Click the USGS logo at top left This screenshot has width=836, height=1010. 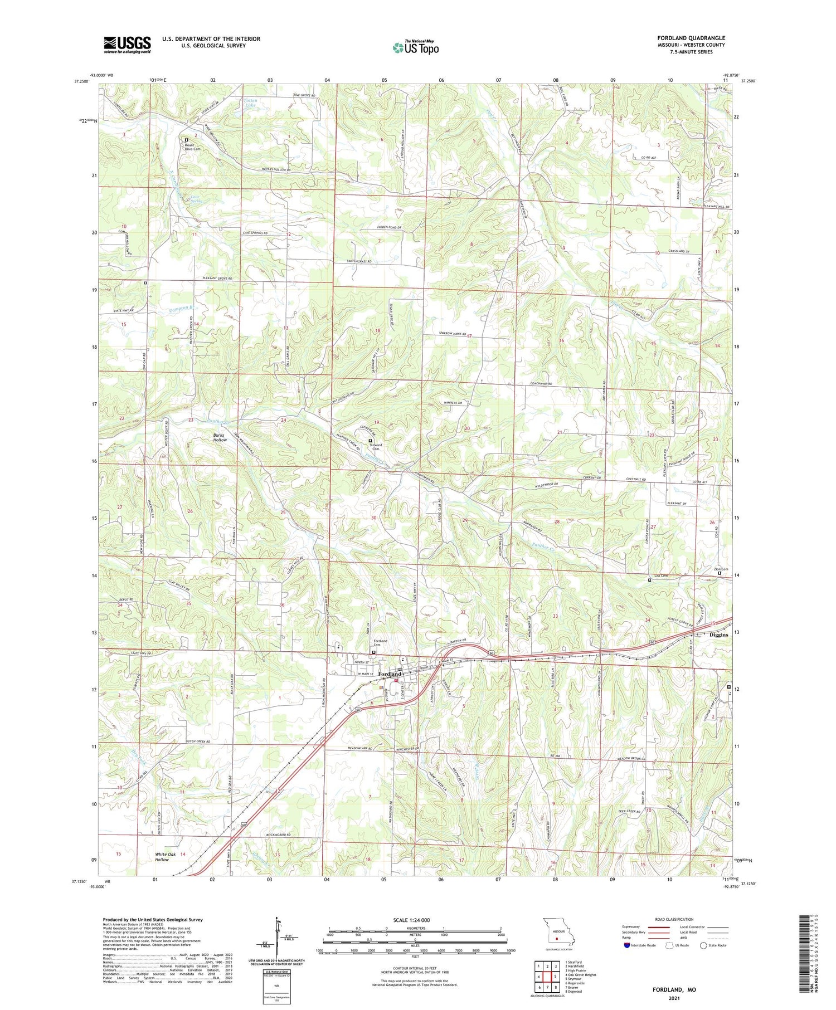coord(127,45)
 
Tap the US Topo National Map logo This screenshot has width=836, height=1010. coord(416,47)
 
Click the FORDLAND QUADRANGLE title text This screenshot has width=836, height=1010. coord(691,38)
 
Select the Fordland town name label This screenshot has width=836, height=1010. coord(390,674)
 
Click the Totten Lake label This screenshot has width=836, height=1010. coord(250,103)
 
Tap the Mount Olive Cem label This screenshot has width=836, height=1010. coord(193,147)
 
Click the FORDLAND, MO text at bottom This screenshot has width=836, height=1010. coord(674,989)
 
